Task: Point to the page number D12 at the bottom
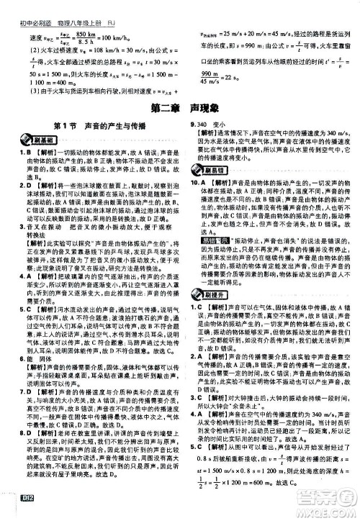coord(16,512)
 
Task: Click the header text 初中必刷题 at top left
coord(26,7)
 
